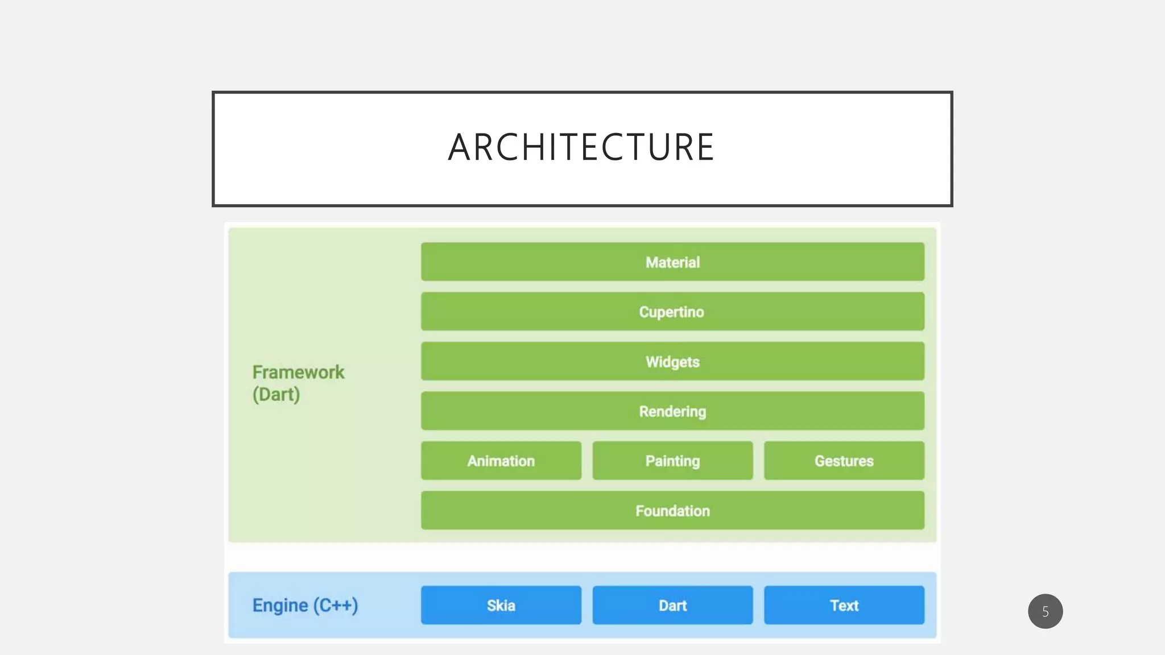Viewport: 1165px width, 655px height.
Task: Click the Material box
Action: coord(672,262)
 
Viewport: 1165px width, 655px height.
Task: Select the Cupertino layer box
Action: coord(672,312)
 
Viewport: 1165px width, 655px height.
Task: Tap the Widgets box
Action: coord(672,361)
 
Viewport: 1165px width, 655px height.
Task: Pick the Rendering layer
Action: coord(672,411)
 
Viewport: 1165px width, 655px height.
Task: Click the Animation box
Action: coord(501,461)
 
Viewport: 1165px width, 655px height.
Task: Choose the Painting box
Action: coord(672,461)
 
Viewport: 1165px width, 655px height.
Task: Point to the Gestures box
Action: coord(844,461)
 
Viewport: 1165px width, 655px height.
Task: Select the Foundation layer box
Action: coord(672,511)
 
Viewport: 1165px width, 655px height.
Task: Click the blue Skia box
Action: coord(501,605)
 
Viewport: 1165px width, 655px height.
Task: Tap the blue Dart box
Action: coord(672,605)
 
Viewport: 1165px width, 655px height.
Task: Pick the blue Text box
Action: coord(844,605)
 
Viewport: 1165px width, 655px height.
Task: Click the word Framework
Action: coord(298,372)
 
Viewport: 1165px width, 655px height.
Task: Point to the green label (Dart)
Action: coord(276,395)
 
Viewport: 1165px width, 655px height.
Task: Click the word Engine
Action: coord(280,606)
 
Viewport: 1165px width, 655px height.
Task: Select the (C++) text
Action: coord(336,606)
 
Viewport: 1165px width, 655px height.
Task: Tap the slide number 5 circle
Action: coord(1045,611)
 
